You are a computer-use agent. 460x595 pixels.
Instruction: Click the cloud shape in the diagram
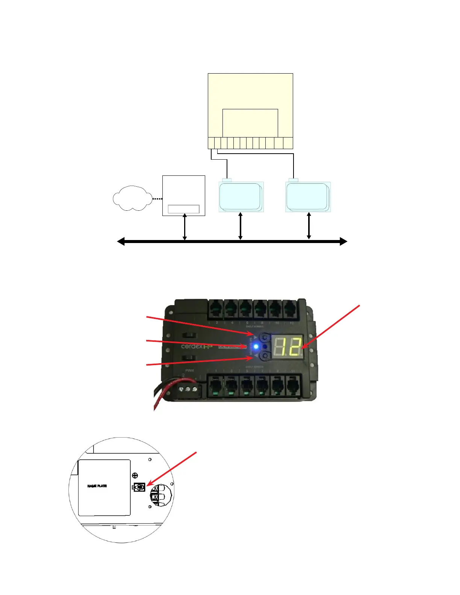[x=132, y=198]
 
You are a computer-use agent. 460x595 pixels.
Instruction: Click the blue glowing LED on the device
[x=256, y=346]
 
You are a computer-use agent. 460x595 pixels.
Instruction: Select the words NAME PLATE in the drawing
[x=97, y=486]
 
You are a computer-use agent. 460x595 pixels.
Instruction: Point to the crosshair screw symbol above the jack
[x=135, y=476]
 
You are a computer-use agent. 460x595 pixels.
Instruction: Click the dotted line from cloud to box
[x=157, y=199]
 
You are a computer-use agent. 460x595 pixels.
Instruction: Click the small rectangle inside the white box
[x=183, y=209]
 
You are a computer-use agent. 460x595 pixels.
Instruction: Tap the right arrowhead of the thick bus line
[x=343, y=242]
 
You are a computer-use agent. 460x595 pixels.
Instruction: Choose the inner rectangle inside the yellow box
[x=250, y=123]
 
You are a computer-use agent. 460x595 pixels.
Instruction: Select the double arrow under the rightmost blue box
[x=309, y=226]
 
